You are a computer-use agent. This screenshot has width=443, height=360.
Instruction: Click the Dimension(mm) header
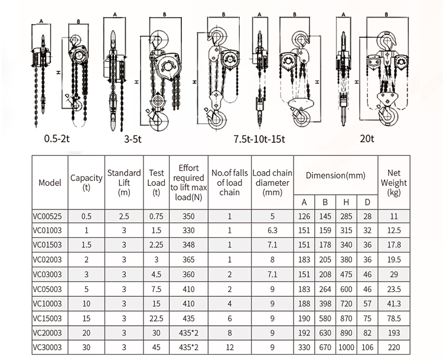click(x=335, y=175)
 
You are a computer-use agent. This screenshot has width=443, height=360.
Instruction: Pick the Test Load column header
click(x=156, y=182)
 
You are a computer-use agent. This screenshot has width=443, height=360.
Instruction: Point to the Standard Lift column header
click(x=124, y=182)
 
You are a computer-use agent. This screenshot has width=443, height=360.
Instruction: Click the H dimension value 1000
click(x=347, y=348)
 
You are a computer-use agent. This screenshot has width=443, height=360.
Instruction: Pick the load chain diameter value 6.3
click(x=272, y=231)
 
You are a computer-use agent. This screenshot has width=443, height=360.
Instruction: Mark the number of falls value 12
click(x=230, y=348)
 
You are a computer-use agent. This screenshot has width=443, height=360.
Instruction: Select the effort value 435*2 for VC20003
click(x=189, y=333)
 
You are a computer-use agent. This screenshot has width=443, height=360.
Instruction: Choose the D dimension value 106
click(x=367, y=348)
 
